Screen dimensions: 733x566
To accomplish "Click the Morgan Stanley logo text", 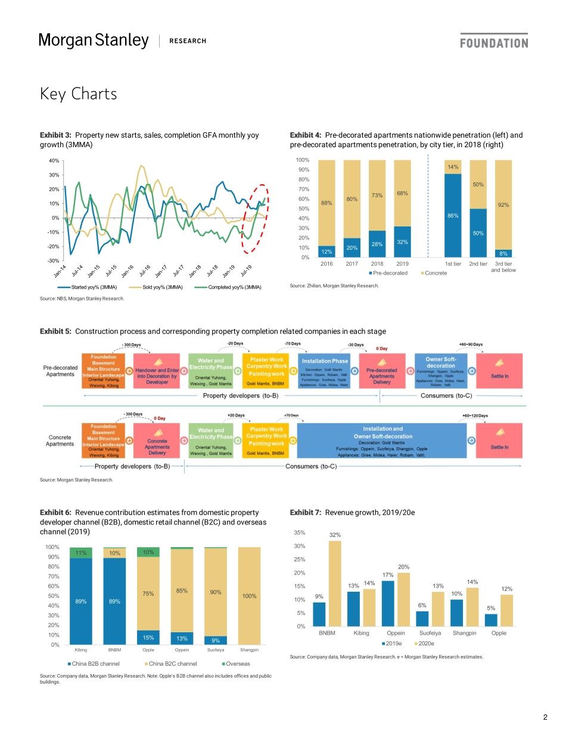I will [x=94, y=41].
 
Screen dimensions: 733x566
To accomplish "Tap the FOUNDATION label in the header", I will [x=494, y=43].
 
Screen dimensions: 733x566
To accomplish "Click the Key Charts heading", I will [x=78, y=94].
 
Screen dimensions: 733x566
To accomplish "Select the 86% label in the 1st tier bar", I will [x=453, y=215].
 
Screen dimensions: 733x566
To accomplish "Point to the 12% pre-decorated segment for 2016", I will [x=326, y=251].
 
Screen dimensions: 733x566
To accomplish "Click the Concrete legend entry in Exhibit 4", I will [x=434, y=273].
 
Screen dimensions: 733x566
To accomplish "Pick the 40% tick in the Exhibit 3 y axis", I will [x=53, y=161].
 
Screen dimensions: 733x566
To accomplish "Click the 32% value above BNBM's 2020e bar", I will [x=335, y=535].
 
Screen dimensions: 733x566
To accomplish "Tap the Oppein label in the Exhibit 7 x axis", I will [x=396, y=633].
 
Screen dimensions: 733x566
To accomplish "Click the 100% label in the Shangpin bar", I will [x=248, y=596].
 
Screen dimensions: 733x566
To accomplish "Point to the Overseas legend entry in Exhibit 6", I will [x=235, y=663].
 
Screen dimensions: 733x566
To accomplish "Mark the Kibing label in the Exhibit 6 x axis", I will [x=80, y=650].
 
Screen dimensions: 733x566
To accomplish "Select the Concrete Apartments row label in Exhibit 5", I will [x=60, y=440].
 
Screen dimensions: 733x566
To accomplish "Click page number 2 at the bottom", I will [x=545, y=717].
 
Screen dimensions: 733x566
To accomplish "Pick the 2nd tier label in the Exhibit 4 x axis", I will [x=478, y=263].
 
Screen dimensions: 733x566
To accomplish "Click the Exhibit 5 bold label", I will [x=55, y=331].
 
